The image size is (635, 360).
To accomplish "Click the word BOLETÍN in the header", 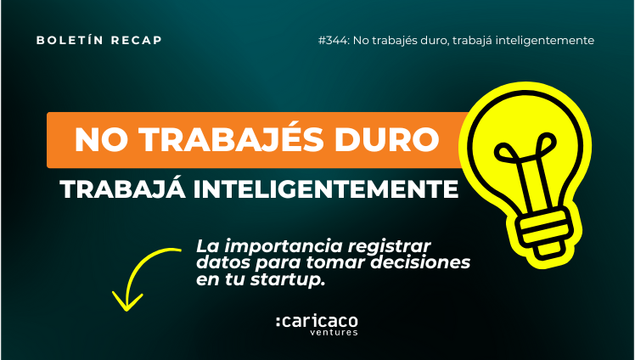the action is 70,40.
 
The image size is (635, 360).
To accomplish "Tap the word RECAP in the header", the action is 137,41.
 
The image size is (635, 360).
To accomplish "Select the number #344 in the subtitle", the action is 334,41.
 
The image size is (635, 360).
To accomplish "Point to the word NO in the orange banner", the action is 97,140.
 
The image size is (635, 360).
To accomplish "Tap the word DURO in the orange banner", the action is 387,140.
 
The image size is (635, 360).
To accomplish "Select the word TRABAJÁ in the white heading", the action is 123,188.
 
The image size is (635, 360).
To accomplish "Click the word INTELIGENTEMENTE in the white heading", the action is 326,188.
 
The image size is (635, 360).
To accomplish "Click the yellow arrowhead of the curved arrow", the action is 127,303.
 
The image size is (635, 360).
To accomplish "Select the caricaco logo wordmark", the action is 317,322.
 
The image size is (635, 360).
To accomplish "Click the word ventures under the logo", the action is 334,333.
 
